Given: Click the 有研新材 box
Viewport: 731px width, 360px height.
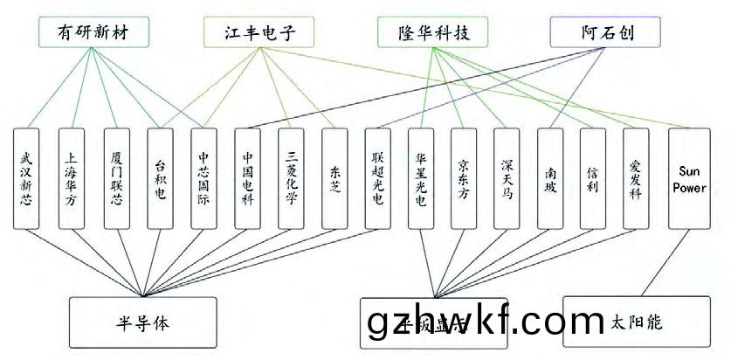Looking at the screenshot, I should (x=92, y=33).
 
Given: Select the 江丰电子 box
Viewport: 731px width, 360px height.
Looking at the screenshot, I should (x=260, y=33).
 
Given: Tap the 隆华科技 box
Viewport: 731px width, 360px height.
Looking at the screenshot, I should (x=434, y=33).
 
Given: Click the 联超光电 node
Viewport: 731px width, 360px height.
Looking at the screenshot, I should (x=377, y=179).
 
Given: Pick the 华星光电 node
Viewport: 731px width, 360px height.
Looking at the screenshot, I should (x=421, y=179).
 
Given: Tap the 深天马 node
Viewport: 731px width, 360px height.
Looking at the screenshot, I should (x=507, y=179).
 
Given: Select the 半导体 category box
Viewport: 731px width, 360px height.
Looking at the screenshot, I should (x=141, y=322).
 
